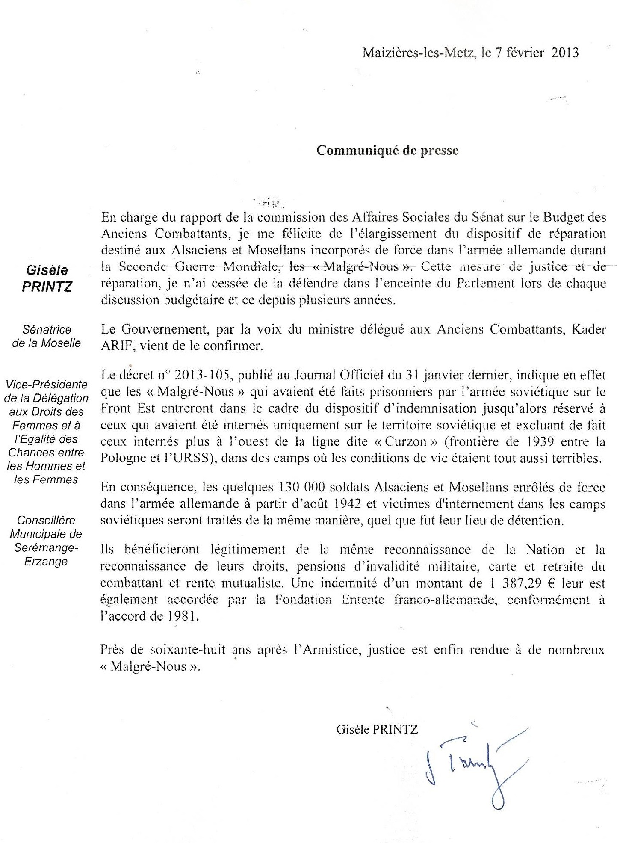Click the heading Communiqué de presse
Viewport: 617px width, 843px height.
(x=387, y=151)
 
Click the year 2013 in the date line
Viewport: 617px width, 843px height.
(x=565, y=53)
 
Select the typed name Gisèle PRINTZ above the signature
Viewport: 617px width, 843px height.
(x=377, y=729)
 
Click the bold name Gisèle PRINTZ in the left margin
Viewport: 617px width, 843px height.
(x=47, y=278)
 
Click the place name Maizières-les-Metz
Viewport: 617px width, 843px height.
(x=418, y=53)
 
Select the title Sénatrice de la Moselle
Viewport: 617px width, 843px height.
(x=47, y=336)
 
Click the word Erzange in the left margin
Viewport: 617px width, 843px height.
(x=46, y=562)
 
